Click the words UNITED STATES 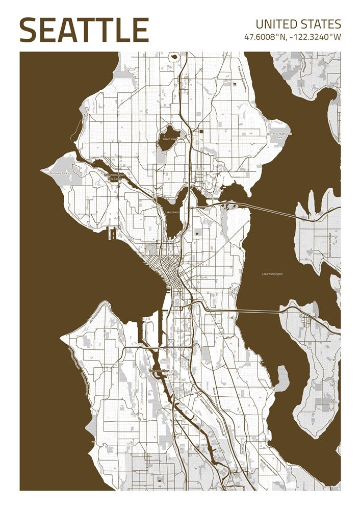tap(298, 24)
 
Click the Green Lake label tap(169, 139)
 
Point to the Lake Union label tap(171, 212)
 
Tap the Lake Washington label tap(272, 274)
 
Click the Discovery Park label tap(58, 173)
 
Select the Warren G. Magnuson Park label tap(279, 135)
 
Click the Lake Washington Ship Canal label tap(114, 176)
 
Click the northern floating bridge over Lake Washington tap(270, 209)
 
